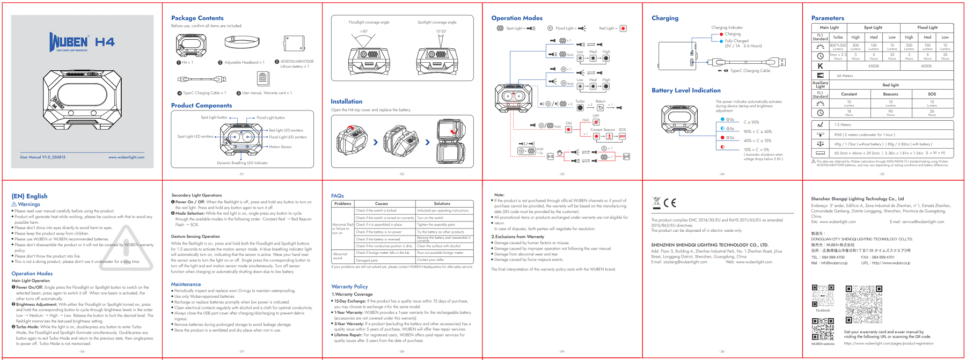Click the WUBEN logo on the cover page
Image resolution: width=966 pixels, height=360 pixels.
tap(69, 42)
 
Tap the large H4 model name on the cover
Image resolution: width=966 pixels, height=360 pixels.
tap(105, 42)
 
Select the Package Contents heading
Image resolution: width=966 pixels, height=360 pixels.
tap(197, 18)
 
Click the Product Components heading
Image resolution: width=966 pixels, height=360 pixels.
tap(201, 106)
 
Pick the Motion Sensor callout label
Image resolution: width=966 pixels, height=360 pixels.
tap(280, 146)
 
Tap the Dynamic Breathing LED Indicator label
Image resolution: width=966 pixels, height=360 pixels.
tap(242, 163)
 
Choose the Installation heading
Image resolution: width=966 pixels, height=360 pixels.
tap(346, 101)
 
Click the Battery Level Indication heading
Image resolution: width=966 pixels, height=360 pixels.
tap(686, 90)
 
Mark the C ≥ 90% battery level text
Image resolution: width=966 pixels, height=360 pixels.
tap(751, 122)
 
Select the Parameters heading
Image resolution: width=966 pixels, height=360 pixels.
tap(828, 18)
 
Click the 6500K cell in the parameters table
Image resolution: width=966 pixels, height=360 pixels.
tap(874, 66)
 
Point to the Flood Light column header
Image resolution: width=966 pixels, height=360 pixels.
tap(927, 27)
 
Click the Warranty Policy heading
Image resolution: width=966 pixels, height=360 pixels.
tap(349, 286)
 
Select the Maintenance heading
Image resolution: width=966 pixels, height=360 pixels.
tap(186, 284)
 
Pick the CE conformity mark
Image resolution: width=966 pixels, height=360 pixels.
tap(670, 203)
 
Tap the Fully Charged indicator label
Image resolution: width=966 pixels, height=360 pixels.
tap(736, 41)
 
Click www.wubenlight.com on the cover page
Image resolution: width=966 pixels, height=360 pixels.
tap(126, 157)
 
